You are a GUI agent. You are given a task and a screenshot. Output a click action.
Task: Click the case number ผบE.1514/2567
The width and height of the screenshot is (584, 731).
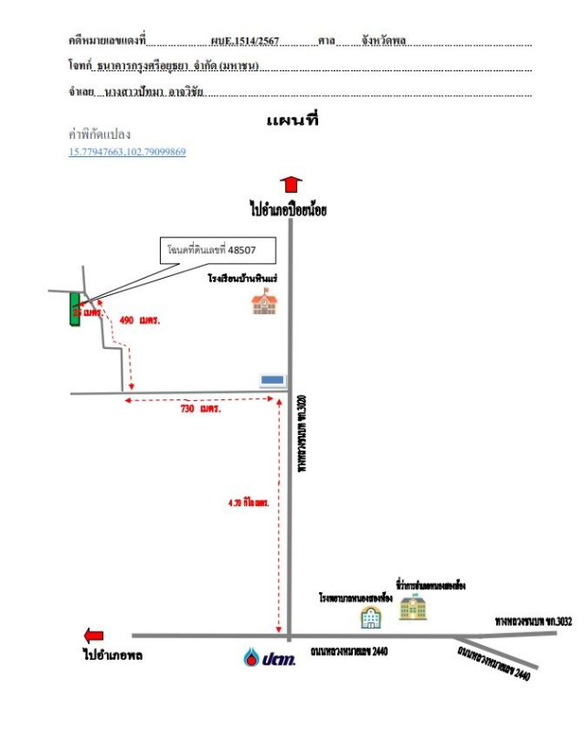point(244,41)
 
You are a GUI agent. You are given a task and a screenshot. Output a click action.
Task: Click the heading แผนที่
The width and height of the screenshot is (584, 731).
point(292,120)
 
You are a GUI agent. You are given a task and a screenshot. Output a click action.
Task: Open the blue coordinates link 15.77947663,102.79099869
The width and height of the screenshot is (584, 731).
point(127,152)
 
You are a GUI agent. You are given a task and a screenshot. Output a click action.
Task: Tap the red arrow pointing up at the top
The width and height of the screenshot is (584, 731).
point(291,185)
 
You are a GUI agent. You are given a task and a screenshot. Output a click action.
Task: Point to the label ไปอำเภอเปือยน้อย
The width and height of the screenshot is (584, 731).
point(288,209)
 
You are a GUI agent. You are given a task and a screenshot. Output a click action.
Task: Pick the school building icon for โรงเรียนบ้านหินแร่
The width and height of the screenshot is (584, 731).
point(264,302)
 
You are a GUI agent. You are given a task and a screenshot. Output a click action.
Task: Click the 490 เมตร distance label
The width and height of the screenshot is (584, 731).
point(140,321)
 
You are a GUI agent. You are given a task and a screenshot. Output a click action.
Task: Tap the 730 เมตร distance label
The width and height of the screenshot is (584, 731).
point(201,409)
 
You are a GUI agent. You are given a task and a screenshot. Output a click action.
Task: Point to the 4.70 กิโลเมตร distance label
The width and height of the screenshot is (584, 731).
point(248,503)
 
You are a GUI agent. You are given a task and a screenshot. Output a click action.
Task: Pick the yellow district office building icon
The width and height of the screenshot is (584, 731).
point(412,606)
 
